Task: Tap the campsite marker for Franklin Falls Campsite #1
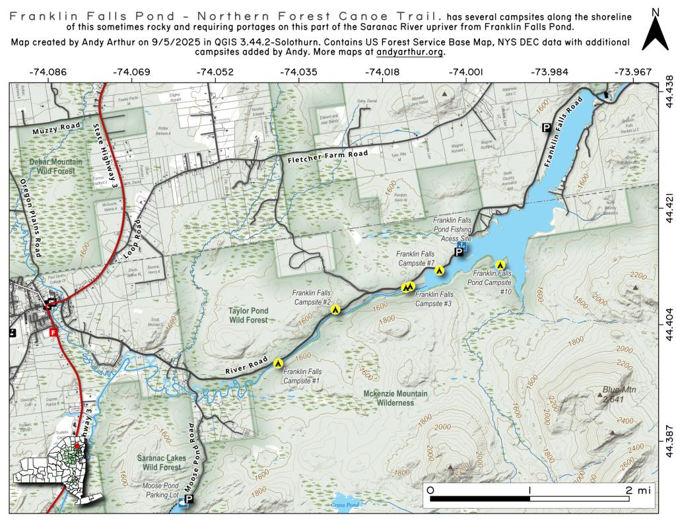tap(279, 362)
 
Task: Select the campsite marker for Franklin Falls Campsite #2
tap(335, 309)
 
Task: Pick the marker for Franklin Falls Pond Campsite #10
tap(500, 265)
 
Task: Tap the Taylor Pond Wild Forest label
tap(248, 315)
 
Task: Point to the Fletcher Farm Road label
tap(327, 157)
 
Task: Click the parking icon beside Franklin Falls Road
tap(546, 127)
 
